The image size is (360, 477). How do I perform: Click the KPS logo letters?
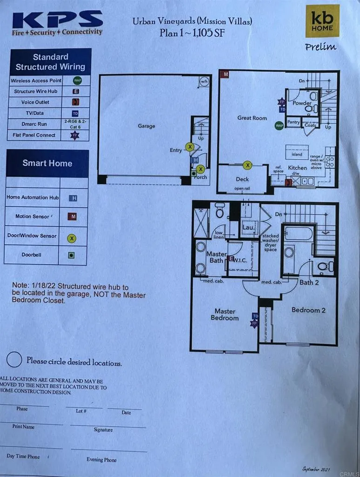57,20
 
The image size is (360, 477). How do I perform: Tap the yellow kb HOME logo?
322,21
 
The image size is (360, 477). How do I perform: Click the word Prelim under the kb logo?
321,47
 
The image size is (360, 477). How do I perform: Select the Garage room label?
146,126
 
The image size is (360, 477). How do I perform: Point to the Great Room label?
252,118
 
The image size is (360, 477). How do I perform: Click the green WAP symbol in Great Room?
279,126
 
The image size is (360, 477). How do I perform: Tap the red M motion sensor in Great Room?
225,75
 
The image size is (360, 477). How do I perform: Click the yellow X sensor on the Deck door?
248,165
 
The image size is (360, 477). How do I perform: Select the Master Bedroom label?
224,314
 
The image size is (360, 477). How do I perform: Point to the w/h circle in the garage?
204,82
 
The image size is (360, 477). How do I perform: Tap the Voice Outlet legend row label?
35,102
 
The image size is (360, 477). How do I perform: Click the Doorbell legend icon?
72,255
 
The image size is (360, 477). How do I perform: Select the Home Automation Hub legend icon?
73,198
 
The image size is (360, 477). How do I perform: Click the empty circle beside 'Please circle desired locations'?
14,360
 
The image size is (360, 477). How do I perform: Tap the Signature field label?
103,429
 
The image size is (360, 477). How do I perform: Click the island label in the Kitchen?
297,154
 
